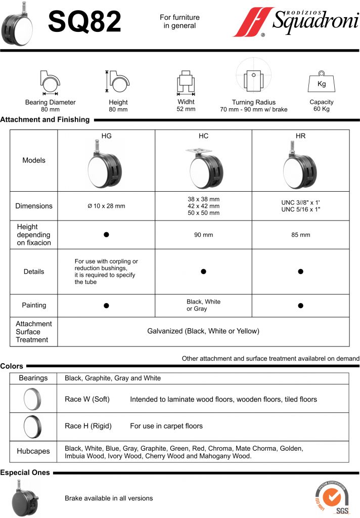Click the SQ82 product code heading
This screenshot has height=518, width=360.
click(x=84, y=22)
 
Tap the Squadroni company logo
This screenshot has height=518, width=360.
click(x=295, y=23)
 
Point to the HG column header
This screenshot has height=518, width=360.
click(x=107, y=136)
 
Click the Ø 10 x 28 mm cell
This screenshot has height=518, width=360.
click(x=106, y=206)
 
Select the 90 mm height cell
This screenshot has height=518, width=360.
click(x=203, y=235)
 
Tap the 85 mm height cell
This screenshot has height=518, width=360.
click(x=300, y=235)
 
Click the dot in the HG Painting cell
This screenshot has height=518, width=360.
click(x=106, y=306)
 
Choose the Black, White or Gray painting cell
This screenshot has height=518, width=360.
click(x=203, y=305)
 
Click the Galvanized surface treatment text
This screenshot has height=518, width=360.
click(x=203, y=331)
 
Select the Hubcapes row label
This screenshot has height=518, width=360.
click(x=33, y=451)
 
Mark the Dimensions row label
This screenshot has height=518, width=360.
click(x=34, y=206)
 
